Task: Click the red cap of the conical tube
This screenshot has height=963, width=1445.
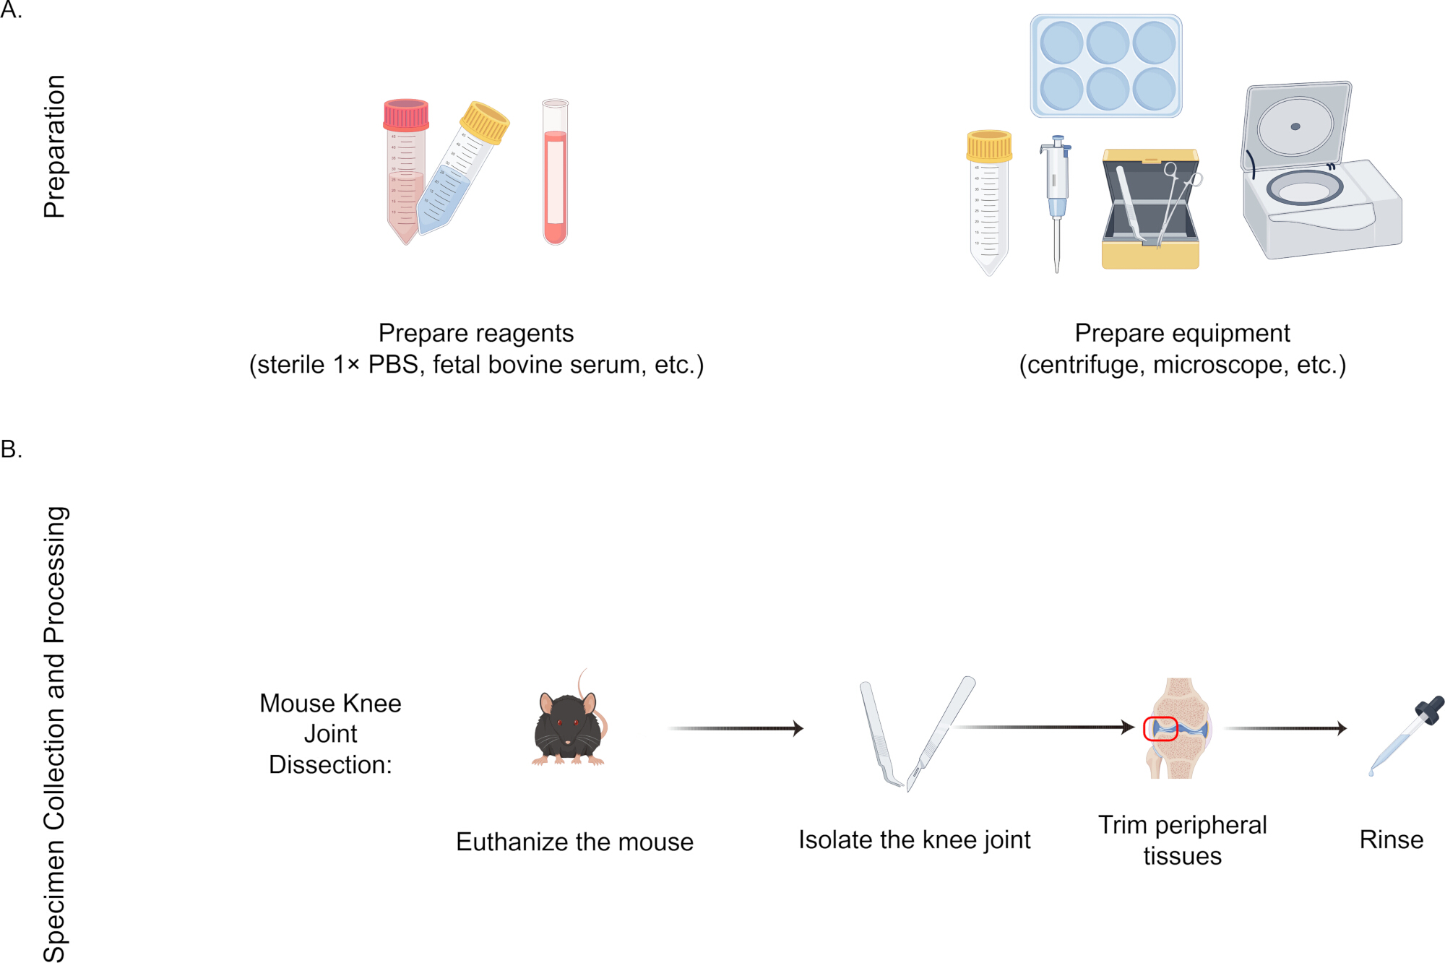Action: point(406,114)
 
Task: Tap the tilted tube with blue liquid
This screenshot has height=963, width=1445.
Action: point(462,168)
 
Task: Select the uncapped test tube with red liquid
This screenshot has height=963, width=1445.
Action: point(556,172)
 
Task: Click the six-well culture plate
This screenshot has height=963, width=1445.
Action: point(1106,66)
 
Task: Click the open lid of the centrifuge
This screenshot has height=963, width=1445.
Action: point(1296,130)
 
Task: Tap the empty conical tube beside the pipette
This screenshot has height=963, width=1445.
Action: point(989,203)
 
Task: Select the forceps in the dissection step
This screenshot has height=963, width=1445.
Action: point(881,734)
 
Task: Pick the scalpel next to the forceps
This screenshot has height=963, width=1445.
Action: point(941,733)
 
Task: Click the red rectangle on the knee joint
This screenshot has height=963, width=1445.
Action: point(1160,729)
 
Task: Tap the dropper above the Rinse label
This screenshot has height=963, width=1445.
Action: point(1406,736)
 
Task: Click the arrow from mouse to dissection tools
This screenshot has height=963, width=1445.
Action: point(736,728)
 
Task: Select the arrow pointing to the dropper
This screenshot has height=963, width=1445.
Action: point(1285,728)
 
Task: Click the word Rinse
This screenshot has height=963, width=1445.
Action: point(1391,840)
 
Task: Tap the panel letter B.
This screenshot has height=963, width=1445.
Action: point(11,449)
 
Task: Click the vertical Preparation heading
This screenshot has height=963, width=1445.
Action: point(54,147)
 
